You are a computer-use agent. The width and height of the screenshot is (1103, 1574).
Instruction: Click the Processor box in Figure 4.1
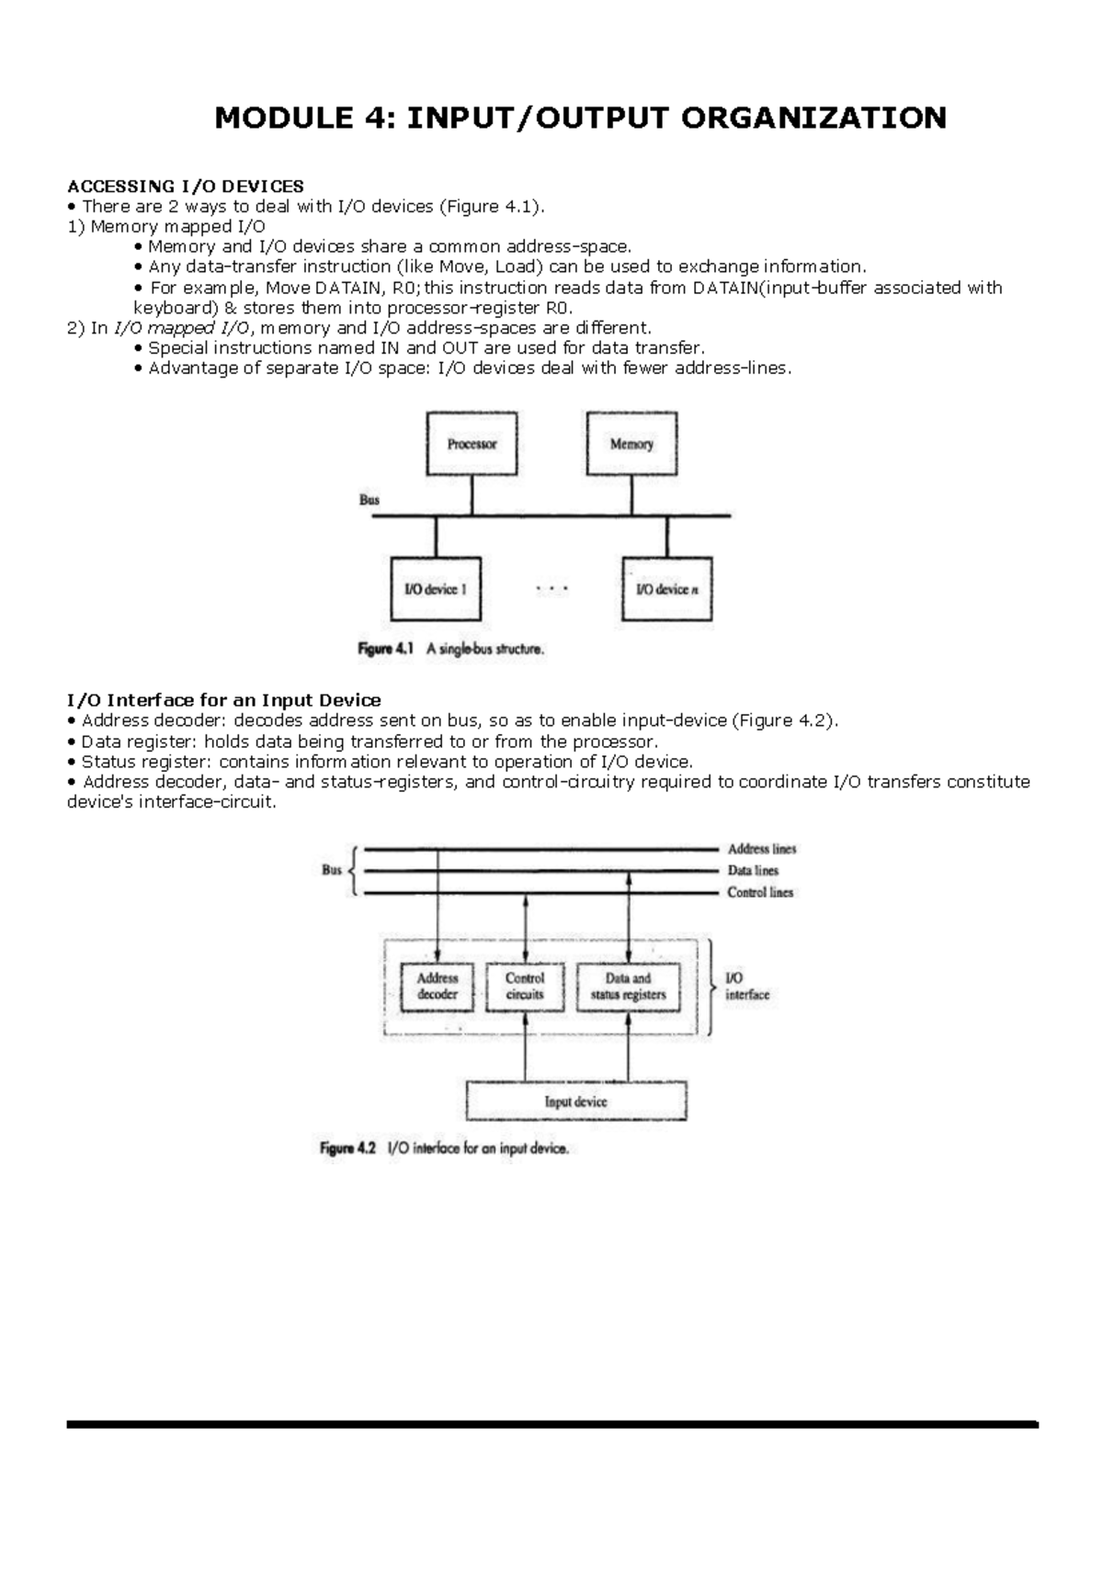coord(472,444)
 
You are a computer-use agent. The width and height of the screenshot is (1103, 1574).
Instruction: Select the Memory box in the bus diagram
coord(631,444)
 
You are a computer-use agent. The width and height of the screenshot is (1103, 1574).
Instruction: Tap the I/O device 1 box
coord(436,589)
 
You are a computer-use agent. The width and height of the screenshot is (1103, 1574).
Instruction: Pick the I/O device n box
coord(666,589)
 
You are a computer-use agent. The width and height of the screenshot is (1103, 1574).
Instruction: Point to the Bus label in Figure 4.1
coord(369,501)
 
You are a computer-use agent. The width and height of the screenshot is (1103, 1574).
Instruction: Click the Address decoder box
coord(437,987)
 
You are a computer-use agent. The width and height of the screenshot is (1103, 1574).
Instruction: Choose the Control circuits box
coord(525,987)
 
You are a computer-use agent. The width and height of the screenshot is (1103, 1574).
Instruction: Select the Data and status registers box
coord(629,987)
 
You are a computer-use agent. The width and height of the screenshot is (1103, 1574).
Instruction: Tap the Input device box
coord(576,1101)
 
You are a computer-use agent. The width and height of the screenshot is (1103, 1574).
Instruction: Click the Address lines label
coord(762,849)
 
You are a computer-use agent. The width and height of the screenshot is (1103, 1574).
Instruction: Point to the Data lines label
coord(753,870)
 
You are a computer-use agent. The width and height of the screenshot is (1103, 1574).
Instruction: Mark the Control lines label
coord(760,892)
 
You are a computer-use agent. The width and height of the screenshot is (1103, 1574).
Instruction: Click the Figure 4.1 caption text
coord(451,649)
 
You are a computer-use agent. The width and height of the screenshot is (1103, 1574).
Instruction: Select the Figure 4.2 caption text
coord(445,1149)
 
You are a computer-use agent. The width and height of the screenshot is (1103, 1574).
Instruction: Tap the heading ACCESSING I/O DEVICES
coord(186,187)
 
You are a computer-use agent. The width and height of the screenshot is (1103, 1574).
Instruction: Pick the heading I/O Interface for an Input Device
coord(224,700)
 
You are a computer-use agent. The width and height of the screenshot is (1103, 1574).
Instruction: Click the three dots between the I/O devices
coord(551,589)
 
